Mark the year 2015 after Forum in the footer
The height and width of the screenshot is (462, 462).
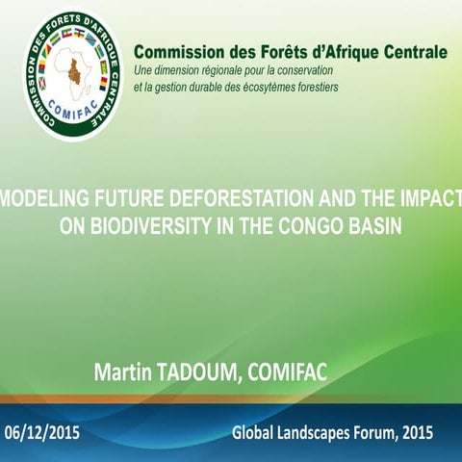(x=420, y=433)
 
